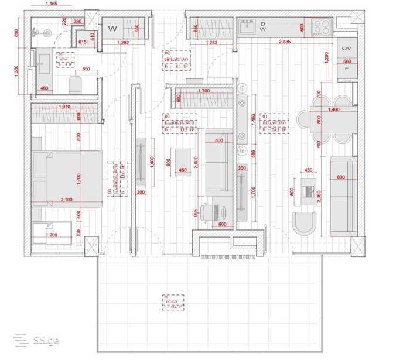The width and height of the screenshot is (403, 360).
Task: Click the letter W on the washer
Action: click(x=113, y=28)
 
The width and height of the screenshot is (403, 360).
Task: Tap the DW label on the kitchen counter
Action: click(x=263, y=26)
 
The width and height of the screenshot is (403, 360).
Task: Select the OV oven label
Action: click(x=346, y=48)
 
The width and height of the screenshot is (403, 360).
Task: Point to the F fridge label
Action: click(x=346, y=69)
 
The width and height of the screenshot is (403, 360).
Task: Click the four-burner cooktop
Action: click(x=321, y=26)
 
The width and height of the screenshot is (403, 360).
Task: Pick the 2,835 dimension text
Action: click(x=284, y=42)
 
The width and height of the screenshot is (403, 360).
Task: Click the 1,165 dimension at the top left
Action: click(x=51, y=4)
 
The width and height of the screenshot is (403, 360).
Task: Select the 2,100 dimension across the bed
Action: click(x=66, y=200)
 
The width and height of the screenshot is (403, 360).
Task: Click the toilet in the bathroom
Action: click(x=76, y=84)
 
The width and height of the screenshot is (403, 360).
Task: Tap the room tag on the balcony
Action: click(x=173, y=301)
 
